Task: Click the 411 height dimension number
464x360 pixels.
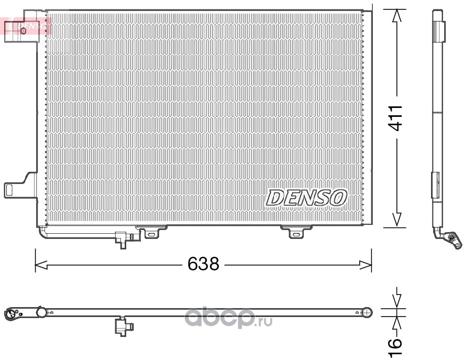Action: [x=395, y=118]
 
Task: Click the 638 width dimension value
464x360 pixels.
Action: [x=203, y=264]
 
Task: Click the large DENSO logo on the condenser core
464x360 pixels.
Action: [x=306, y=198]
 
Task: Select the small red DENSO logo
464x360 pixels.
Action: [x=27, y=26]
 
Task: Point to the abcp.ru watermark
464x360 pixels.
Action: [x=228, y=318]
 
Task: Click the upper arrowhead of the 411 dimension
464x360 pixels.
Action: [x=396, y=16]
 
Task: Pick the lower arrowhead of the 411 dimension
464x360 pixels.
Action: [x=396, y=220]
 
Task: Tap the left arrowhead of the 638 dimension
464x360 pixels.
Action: [x=41, y=265]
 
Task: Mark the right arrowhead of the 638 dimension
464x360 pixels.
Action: [x=365, y=265]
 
